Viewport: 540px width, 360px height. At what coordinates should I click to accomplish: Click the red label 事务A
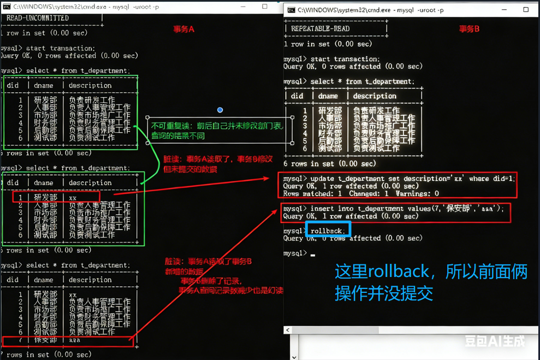183,29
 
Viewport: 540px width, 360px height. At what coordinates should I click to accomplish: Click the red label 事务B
469,29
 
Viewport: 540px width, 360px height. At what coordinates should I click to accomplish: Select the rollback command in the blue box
327,231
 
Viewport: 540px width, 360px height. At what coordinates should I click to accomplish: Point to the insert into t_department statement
403,209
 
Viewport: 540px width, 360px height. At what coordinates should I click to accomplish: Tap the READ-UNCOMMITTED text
37,18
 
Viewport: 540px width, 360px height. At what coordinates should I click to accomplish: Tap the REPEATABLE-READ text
320,28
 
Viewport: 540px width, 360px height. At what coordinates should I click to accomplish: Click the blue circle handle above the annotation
220,110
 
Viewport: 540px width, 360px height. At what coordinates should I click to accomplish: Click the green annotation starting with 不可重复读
218,131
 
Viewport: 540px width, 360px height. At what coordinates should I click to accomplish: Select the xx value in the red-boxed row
73,197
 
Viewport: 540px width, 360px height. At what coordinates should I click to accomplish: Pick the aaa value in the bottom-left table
74,340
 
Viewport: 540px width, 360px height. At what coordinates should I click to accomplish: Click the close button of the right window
526,9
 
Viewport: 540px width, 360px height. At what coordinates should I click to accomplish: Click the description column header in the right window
375,96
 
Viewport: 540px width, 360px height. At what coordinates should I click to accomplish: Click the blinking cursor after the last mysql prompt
313,254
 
